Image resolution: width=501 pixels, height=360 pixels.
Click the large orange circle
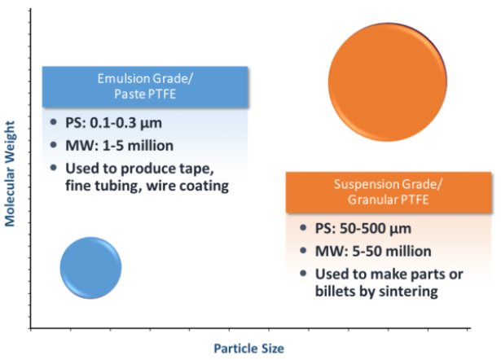coord(388,79)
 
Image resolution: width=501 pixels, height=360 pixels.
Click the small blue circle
coord(91,267)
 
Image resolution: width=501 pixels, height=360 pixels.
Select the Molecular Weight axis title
coord(11,173)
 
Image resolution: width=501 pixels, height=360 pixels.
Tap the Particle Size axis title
coord(248,349)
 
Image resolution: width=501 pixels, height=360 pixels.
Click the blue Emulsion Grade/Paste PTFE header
coord(145,86)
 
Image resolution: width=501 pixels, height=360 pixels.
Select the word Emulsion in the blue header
coord(123,78)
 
